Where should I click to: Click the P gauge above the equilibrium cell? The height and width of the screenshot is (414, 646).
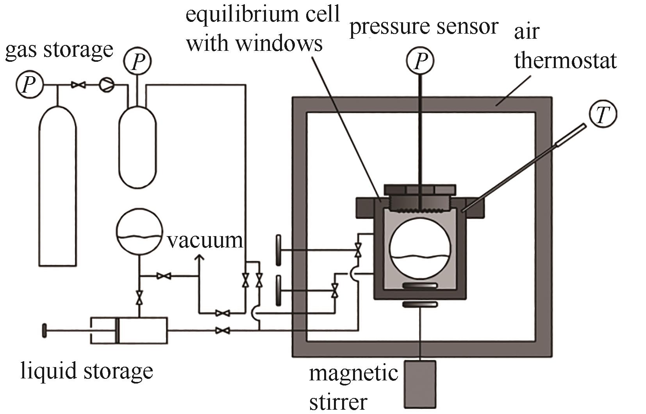419,61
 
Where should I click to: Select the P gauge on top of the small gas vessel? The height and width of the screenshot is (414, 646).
137,62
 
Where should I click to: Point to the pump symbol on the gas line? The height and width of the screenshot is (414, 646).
106,84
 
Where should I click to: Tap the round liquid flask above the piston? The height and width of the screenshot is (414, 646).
139,231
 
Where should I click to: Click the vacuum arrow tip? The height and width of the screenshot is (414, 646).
199,256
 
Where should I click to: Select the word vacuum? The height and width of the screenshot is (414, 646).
205,240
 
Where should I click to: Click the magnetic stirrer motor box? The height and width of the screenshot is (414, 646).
420,384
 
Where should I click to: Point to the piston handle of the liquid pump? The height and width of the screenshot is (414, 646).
44,331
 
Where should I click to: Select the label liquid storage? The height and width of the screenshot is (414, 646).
87,371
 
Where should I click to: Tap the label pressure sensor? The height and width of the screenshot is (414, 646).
423,27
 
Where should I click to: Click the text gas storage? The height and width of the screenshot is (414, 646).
59,50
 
